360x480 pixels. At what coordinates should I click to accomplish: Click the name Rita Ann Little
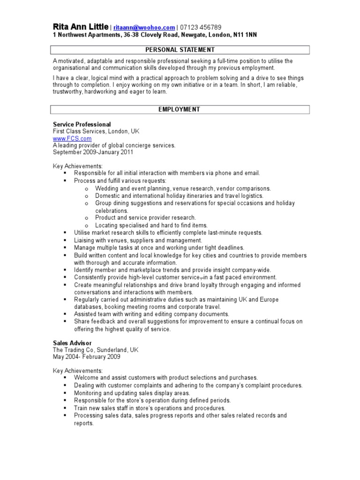point(80,27)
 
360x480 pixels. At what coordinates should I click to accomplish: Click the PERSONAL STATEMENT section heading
point(180,50)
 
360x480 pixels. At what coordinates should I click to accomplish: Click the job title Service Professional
point(82,124)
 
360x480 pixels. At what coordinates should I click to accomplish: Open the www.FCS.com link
point(72,139)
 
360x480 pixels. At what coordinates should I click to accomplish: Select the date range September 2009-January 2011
point(93,152)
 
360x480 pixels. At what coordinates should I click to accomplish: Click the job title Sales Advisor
point(72,343)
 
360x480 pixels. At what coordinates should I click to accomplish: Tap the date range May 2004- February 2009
point(86,357)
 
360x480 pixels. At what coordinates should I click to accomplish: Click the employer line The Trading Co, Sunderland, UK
point(95,350)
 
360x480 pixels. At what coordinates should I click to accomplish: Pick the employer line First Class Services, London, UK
point(96,132)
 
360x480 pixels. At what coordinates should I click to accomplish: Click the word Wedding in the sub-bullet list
point(107,188)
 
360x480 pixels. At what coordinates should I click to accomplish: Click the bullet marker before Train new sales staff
point(65,408)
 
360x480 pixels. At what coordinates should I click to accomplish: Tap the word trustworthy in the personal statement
point(67,92)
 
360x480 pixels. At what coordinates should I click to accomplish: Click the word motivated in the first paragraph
point(71,61)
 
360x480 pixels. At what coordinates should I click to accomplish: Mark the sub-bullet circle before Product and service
point(87,218)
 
